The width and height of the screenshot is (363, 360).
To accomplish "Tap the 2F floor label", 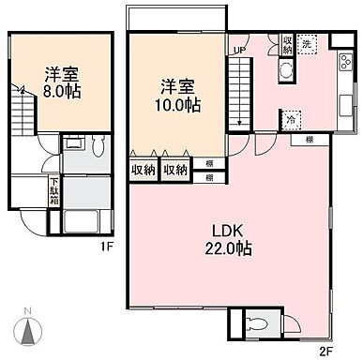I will pyautogui.click(x=325, y=352).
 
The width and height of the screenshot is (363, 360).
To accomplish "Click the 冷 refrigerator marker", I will pyautogui.click(x=291, y=119).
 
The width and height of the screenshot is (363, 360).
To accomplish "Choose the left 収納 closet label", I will pyautogui.click(x=144, y=170).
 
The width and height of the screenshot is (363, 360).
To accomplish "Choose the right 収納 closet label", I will pyautogui.click(x=175, y=170).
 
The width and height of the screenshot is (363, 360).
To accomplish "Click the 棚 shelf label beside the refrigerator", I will pyautogui.click(x=309, y=141).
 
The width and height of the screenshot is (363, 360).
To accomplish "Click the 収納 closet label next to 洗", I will pyautogui.click(x=287, y=44).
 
